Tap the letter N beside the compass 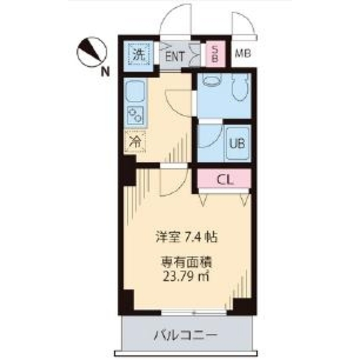105,72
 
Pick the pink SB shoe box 215,54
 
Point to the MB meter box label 243,54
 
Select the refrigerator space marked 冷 135,141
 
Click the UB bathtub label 237,144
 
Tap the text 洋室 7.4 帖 186,238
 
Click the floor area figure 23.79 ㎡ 186,277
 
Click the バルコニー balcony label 186,336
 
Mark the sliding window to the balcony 194,312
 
